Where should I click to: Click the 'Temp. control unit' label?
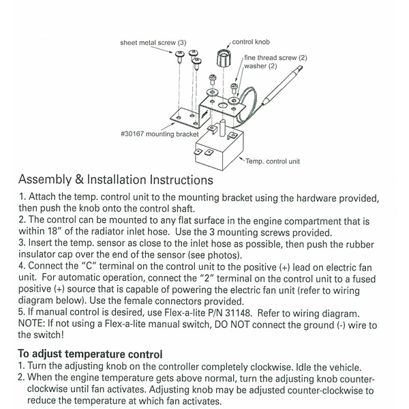[x=273, y=162]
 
